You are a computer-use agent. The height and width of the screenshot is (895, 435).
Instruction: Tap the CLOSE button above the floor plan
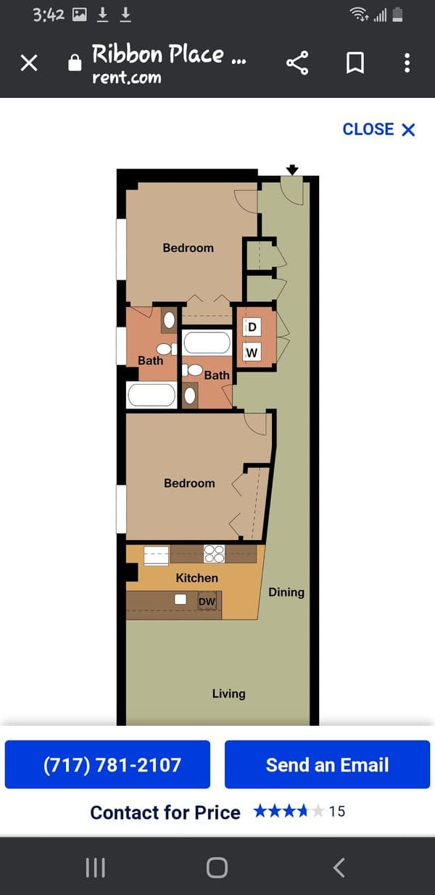(x=378, y=129)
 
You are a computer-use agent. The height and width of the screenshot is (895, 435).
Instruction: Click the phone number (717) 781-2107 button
(x=107, y=764)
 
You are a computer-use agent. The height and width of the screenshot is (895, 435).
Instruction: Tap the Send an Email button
(x=327, y=764)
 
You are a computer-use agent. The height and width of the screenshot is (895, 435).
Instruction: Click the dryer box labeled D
(x=252, y=327)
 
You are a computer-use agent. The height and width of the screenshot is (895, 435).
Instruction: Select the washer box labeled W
(x=252, y=352)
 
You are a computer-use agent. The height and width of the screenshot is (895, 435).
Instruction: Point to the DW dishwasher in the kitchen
(x=207, y=601)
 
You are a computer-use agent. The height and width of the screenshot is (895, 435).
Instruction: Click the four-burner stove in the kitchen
(x=215, y=554)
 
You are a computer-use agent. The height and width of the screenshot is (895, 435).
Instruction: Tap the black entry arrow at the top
(x=292, y=170)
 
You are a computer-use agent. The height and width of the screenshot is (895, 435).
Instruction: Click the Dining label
(x=286, y=592)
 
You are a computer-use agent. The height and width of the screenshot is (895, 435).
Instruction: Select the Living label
(x=228, y=694)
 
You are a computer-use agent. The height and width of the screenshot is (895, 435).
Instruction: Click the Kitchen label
(x=197, y=578)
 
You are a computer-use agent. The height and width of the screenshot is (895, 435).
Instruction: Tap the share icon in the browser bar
(x=297, y=63)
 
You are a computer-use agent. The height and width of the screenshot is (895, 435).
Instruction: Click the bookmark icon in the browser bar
(x=355, y=63)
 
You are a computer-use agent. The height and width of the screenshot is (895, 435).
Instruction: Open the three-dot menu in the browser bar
(x=407, y=63)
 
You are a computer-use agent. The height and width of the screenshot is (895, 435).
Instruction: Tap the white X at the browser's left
(x=29, y=63)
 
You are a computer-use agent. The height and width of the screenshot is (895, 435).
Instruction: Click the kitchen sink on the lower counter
(x=181, y=599)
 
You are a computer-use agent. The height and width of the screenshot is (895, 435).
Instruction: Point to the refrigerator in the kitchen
(x=156, y=555)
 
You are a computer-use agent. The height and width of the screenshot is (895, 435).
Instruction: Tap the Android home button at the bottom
(x=217, y=868)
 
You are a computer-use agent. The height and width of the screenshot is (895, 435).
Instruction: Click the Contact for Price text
(x=165, y=813)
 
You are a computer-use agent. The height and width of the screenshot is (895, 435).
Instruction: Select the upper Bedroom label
(x=188, y=248)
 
